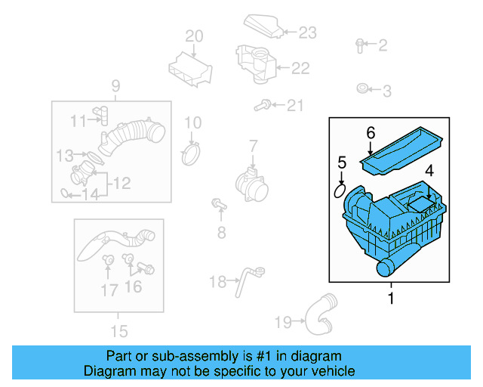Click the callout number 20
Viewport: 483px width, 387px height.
coord(194,36)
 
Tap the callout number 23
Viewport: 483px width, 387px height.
coord(307,32)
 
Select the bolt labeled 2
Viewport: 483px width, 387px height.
coord(360,45)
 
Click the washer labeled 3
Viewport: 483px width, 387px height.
coord(362,90)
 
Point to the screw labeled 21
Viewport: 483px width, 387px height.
coord(264,105)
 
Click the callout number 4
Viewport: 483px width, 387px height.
coord(429,172)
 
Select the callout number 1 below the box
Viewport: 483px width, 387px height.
coord(391,299)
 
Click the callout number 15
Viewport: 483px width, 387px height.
coord(118,331)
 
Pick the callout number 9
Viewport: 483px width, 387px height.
coord(116,86)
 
